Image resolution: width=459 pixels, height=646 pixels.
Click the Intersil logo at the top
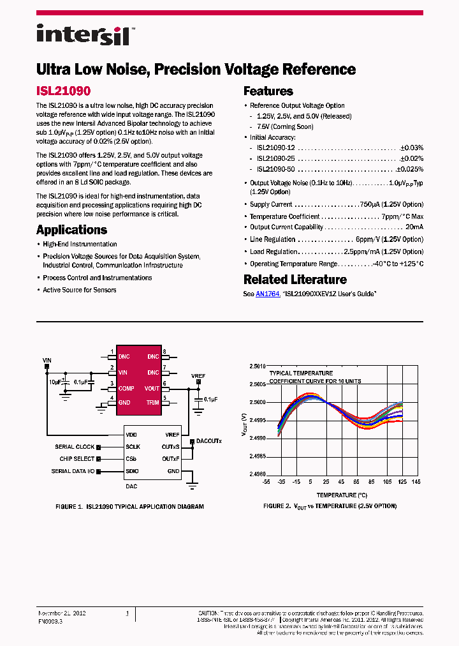tap(84, 35)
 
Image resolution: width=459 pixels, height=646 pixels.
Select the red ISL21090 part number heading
tap(63, 91)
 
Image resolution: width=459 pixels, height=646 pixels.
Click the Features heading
tap(268, 91)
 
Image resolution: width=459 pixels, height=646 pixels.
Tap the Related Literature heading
tap(295, 280)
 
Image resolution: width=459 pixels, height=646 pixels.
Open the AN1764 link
tap(268, 294)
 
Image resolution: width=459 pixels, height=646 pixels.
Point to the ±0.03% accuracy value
tap(411, 147)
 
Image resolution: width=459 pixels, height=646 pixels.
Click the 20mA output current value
tap(414, 227)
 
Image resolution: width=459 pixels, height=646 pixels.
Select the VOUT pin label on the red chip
tap(152, 387)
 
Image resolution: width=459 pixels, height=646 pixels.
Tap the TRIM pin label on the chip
tap(152, 402)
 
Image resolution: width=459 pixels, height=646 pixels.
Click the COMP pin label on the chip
tap(126, 387)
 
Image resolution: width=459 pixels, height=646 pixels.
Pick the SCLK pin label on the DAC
tap(132, 447)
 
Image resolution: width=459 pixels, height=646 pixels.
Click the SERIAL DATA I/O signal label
tap(73, 471)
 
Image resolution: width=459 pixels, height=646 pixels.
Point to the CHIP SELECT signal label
tap(77, 459)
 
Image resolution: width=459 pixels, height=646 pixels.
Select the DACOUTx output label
tap(209, 441)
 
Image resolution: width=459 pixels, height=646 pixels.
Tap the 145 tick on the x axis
tap(416, 482)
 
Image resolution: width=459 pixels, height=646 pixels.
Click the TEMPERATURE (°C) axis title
tap(342, 495)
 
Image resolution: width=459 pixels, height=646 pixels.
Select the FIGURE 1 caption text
tap(130, 506)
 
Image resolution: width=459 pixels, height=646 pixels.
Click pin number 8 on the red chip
tap(164, 352)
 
